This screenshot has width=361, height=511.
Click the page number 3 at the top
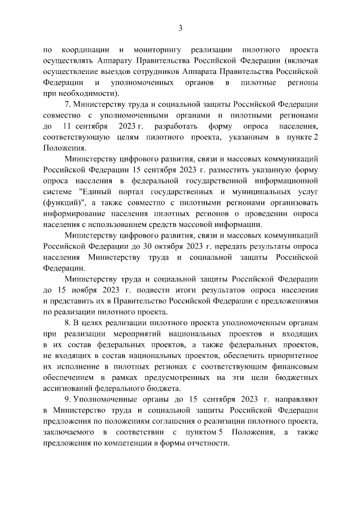pyautogui.click(x=180, y=28)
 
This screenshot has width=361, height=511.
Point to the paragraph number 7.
pyautogui.click(x=67, y=104)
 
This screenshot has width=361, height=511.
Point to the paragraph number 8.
pyautogui.click(x=67, y=323)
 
